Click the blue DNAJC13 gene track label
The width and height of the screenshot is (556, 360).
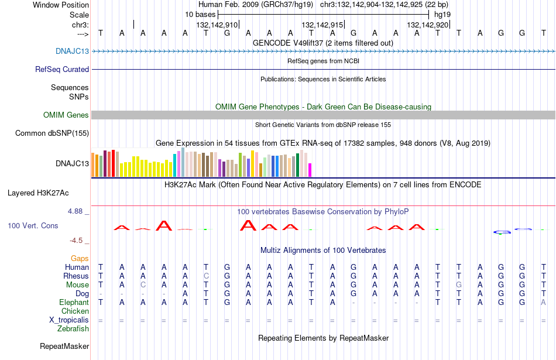pos(73,51)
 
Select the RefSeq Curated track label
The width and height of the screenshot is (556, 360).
pos(62,69)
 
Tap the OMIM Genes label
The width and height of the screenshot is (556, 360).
pos(66,115)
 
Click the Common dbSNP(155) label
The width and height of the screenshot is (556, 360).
pos(52,133)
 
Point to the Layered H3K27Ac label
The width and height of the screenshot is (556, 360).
pos(38,193)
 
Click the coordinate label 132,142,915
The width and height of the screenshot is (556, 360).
pos(322,25)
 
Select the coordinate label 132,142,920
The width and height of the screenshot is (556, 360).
pos(428,25)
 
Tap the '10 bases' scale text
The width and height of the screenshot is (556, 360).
pos(200,15)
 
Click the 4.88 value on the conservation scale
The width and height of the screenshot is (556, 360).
pos(75,211)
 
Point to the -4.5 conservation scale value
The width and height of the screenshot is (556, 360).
pos(76,241)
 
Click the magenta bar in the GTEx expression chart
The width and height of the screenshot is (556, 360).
pos(310,170)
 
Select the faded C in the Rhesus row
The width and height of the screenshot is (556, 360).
pos(206,276)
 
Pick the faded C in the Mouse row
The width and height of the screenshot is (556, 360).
pos(143,285)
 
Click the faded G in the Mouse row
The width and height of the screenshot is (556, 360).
pos(459,285)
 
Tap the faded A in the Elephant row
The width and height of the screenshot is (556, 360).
pos(543,302)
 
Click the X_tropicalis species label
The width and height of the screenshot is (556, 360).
pos(69,320)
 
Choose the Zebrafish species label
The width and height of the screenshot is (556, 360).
pos(73,329)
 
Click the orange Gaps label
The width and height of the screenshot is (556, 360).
pos(80,259)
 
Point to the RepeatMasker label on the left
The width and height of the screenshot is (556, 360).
pos(64,346)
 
